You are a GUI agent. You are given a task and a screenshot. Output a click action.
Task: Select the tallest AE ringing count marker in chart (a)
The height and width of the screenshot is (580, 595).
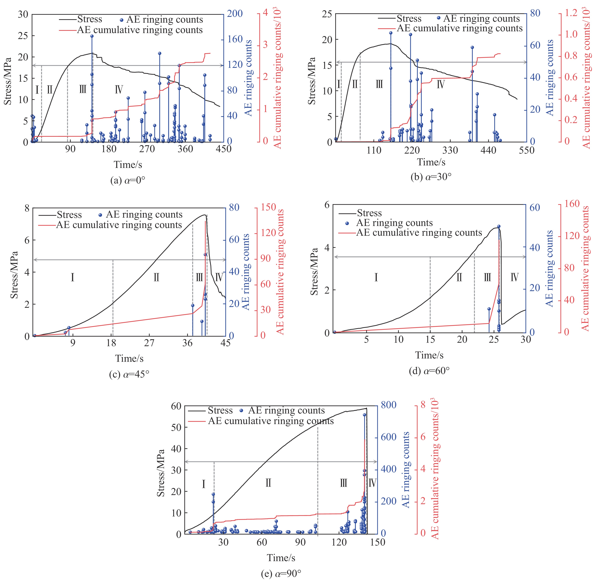(92, 36)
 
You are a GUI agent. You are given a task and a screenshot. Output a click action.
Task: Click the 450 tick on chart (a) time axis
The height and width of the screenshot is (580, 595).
(223, 149)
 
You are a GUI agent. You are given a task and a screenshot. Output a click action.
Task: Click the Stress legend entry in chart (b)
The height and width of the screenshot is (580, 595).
(408, 19)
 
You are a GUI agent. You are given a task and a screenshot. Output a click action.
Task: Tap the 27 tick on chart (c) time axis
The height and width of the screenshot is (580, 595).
(149, 343)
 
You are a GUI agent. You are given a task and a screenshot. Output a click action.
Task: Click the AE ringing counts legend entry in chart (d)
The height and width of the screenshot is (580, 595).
(394, 223)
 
